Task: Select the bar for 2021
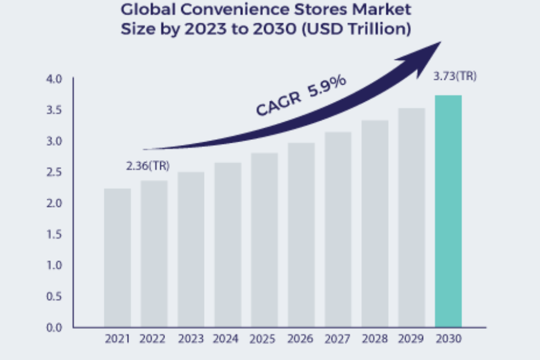[117, 258]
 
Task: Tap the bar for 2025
[265, 240]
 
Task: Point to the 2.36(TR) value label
[148, 166]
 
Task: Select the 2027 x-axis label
[338, 339]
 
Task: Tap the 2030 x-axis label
[449, 339]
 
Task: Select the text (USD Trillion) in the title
[359, 29]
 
